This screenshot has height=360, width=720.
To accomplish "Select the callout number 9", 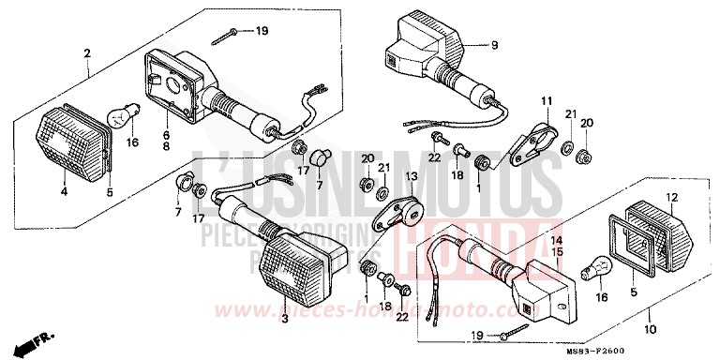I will tap(495, 43).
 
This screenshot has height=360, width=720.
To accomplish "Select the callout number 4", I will tap(64, 193).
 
